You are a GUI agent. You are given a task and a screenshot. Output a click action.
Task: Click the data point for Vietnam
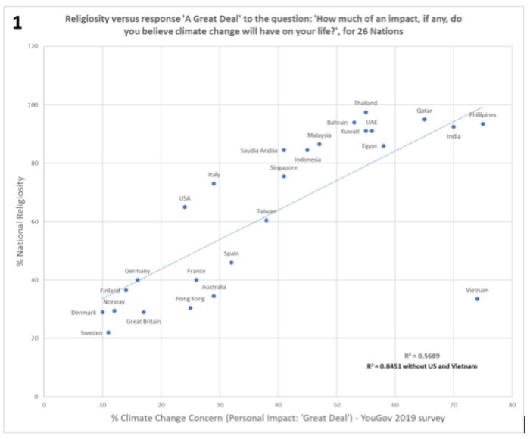click(x=477, y=299)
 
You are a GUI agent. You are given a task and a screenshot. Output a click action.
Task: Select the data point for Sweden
click(x=108, y=332)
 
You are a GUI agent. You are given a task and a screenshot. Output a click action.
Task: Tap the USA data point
click(x=185, y=207)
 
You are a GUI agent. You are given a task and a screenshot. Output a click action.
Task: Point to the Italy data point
click(x=214, y=183)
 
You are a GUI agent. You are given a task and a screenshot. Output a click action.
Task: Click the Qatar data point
click(x=424, y=119)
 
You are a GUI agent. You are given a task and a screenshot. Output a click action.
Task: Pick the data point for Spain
click(x=231, y=263)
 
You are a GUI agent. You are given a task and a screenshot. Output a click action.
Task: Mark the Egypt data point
click(x=383, y=145)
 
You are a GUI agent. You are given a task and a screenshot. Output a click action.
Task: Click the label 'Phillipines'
click(x=482, y=115)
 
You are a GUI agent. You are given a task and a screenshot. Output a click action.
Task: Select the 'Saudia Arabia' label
click(x=259, y=151)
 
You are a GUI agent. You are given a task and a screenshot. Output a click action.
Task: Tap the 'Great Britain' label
click(x=143, y=322)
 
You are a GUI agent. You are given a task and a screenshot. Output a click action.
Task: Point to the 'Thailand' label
click(x=365, y=103)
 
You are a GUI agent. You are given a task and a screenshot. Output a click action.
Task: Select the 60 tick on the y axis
click(x=34, y=222)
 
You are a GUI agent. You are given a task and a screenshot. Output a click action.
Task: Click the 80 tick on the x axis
click(x=512, y=406)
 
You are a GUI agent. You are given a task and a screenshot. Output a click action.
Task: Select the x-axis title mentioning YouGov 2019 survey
click(x=276, y=419)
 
